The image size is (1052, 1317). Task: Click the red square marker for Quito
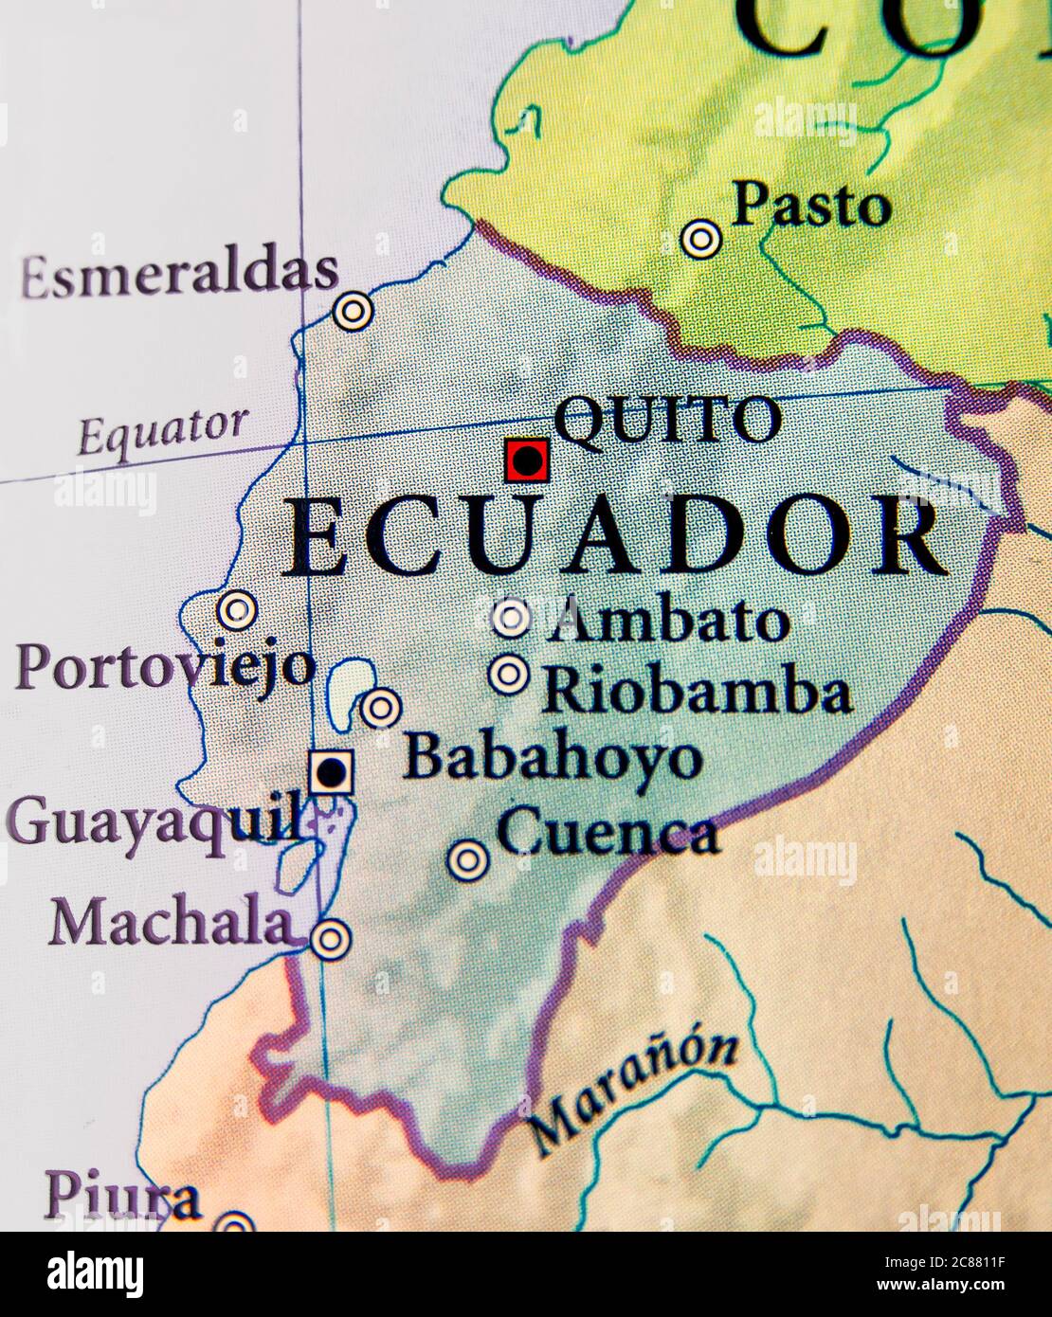(x=526, y=461)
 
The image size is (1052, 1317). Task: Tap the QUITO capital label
(x=666, y=421)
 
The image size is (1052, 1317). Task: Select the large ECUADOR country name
(x=614, y=538)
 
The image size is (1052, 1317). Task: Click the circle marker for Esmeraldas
(x=353, y=311)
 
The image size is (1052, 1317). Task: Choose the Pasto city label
(x=812, y=206)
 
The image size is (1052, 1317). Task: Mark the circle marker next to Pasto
(x=700, y=239)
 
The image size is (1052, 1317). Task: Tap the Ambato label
(x=669, y=622)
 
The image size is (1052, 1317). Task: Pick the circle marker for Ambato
(x=512, y=619)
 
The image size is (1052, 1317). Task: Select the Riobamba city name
(x=697, y=692)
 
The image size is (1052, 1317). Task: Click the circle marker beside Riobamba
(x=510, y=675)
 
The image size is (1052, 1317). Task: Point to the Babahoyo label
(x=553, y=758)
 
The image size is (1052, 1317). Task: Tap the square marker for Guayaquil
(x=331, y=773)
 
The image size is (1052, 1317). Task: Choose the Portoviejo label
(x=164, y=666)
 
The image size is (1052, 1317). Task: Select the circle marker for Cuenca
(x=467, y=859)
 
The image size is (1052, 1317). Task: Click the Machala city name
(x=171, y=922)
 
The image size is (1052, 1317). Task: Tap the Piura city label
(x=122, y=1197)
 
